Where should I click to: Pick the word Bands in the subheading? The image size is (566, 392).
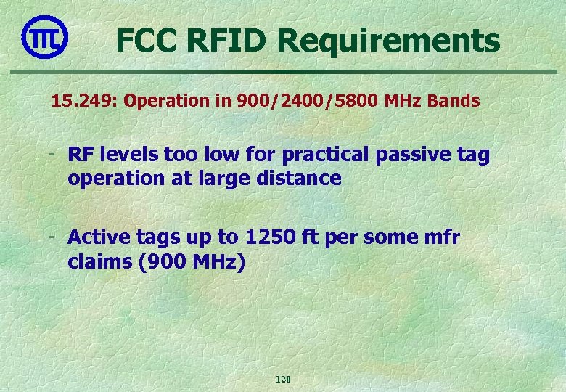(454, 101)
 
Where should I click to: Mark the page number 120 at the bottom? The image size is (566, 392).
(283, 380)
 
